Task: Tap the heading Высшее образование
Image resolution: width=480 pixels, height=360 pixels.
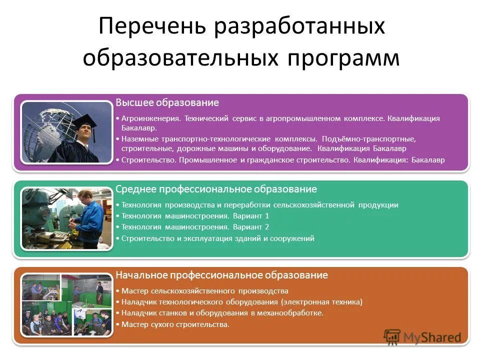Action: (x=167, y=103)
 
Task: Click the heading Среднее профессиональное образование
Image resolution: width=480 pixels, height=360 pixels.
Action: (x=216, y=189)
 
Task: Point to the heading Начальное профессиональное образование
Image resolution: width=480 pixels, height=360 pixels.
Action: (x=221, y=275)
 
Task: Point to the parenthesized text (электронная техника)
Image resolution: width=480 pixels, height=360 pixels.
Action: (x=321, y=302)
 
